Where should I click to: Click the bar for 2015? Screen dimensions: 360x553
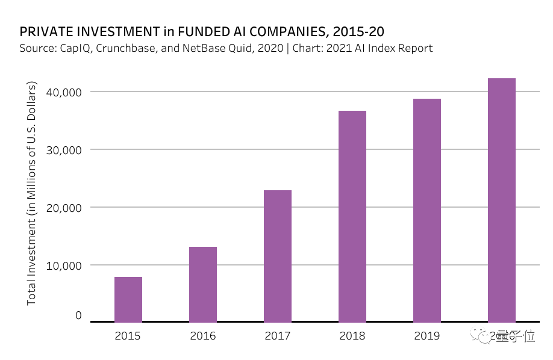[128, 299]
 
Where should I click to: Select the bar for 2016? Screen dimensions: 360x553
[203, 284]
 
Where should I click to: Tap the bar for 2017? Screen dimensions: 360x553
[278, 256]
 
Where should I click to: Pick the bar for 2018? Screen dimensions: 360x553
[352, 216]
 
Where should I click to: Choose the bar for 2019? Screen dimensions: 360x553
[427, 210]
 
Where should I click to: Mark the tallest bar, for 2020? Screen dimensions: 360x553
[502, 200]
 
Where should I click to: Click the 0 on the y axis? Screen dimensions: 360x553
[78, 315]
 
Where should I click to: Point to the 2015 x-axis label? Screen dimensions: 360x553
[128, 336]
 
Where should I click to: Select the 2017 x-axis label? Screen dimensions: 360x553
[278, 336]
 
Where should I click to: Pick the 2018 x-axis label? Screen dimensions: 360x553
[352, 336]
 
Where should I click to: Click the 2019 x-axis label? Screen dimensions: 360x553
[427, 336]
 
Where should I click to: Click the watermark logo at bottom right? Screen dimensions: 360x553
[480, 335]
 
